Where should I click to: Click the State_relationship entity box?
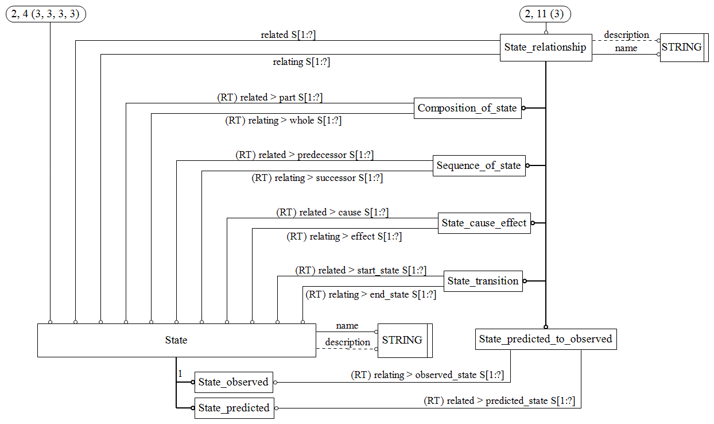pyautogui.click(x=545, y=47)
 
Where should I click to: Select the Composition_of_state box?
pyautogui.click(x=467, y=108)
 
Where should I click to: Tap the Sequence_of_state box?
pyautogui.click(x=478, y=165)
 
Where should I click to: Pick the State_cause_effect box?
pyautogui.click(x=484, y=223)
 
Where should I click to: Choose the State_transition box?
pyautogui.click(x=483, y=281)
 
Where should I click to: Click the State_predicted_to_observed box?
pyautogui.click(x=545, y=339)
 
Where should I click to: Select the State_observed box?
pyautogui.click(x=233, y=382)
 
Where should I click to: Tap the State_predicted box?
pyautogui.click(x=234, y=408)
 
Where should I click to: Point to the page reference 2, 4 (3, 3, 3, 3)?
pyautogui.click(x=46, y=14)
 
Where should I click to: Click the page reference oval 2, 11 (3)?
pyautogui.click(x=545, y=14)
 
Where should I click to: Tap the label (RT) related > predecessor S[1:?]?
pyautogui.click(x=305, y=155)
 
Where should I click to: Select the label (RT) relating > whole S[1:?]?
pyautogui.click(x=283, y=121)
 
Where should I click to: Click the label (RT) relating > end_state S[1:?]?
pyautogui.click(x=371, y=295)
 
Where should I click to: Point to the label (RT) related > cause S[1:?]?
pyautogui.click(x=332, y=213)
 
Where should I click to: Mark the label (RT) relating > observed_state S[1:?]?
pyautogui.click(x=428, y=375)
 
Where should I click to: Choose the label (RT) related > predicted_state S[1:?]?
pyautogui.click(x=499, y=401)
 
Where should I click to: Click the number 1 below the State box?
pyautogui.click(x=180, y=374)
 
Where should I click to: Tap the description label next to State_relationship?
pyautogui.click(x=626, y=35)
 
